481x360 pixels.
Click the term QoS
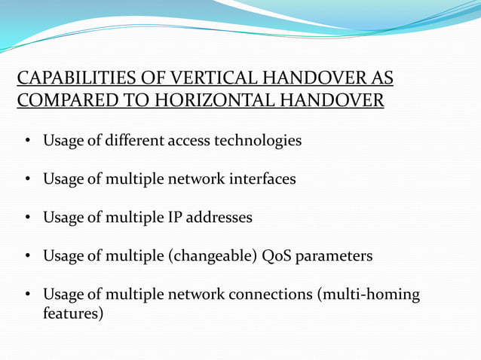click(x=274, y=256)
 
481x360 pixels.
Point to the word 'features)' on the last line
click(x=73, y=313)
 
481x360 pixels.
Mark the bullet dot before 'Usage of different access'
click(x=26, y=142)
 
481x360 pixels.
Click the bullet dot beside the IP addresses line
click(x=26, y=218)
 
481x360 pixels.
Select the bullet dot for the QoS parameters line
click(x=26, y=257)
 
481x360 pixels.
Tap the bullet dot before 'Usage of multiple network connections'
click(x=26, y=295)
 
